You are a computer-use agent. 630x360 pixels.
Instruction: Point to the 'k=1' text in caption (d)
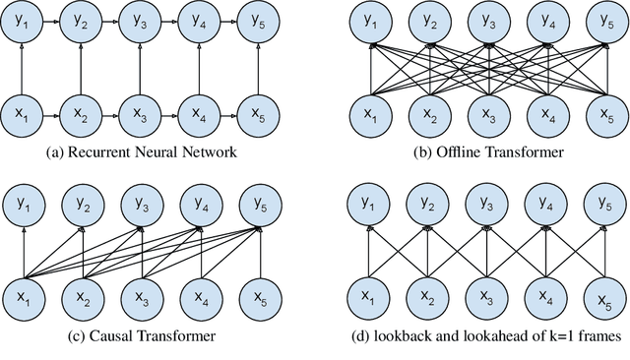(x=535, y=337)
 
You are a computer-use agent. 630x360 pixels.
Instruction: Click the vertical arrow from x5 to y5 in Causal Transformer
(x=257, y=252)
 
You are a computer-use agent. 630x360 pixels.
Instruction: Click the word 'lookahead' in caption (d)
(x=482, y=337)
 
